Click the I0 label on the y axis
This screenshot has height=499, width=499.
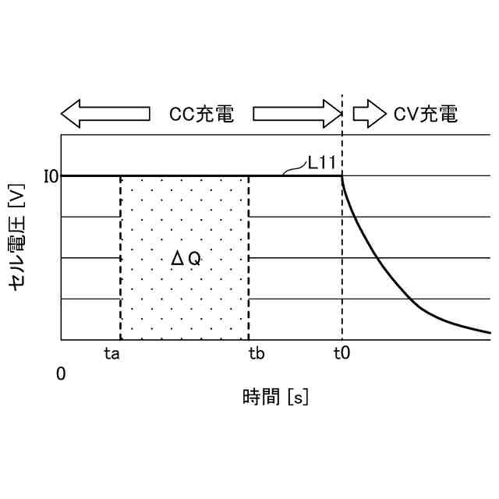pyautogui.click(x=51, y=176)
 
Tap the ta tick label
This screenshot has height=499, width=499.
pyautogui.click(x=112, y=353)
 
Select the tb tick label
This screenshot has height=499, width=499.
pyautogui.click(x=257, y=353)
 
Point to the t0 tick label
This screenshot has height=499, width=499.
pyautogui.click(x=342, y=353)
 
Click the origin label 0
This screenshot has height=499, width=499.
pyautogui.click(x=61, y=374)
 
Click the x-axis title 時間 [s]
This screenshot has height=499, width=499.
pyautogui.click(x=276, y=398)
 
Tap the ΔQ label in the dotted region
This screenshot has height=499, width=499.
pyautogui.click(x=186, y=259)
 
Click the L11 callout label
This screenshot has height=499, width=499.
pyautogui.click(x=321, y=163)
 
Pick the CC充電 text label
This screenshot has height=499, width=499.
pyautogui.click(x=201, y=114)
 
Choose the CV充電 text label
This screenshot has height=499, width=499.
pyautogui.click(x=425, y=114)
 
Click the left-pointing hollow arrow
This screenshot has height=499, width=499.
pyautogui.click(x=105, y=114)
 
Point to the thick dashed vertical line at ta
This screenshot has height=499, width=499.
pyautogui.click(x=120, y=257)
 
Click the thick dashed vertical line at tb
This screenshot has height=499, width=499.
pyautogui.click(x=249, y=257)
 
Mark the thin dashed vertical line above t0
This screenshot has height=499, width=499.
pyautogui.click(x=342, y=140)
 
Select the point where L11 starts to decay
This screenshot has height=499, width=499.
pyautogui.click(x=342, y=175)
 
